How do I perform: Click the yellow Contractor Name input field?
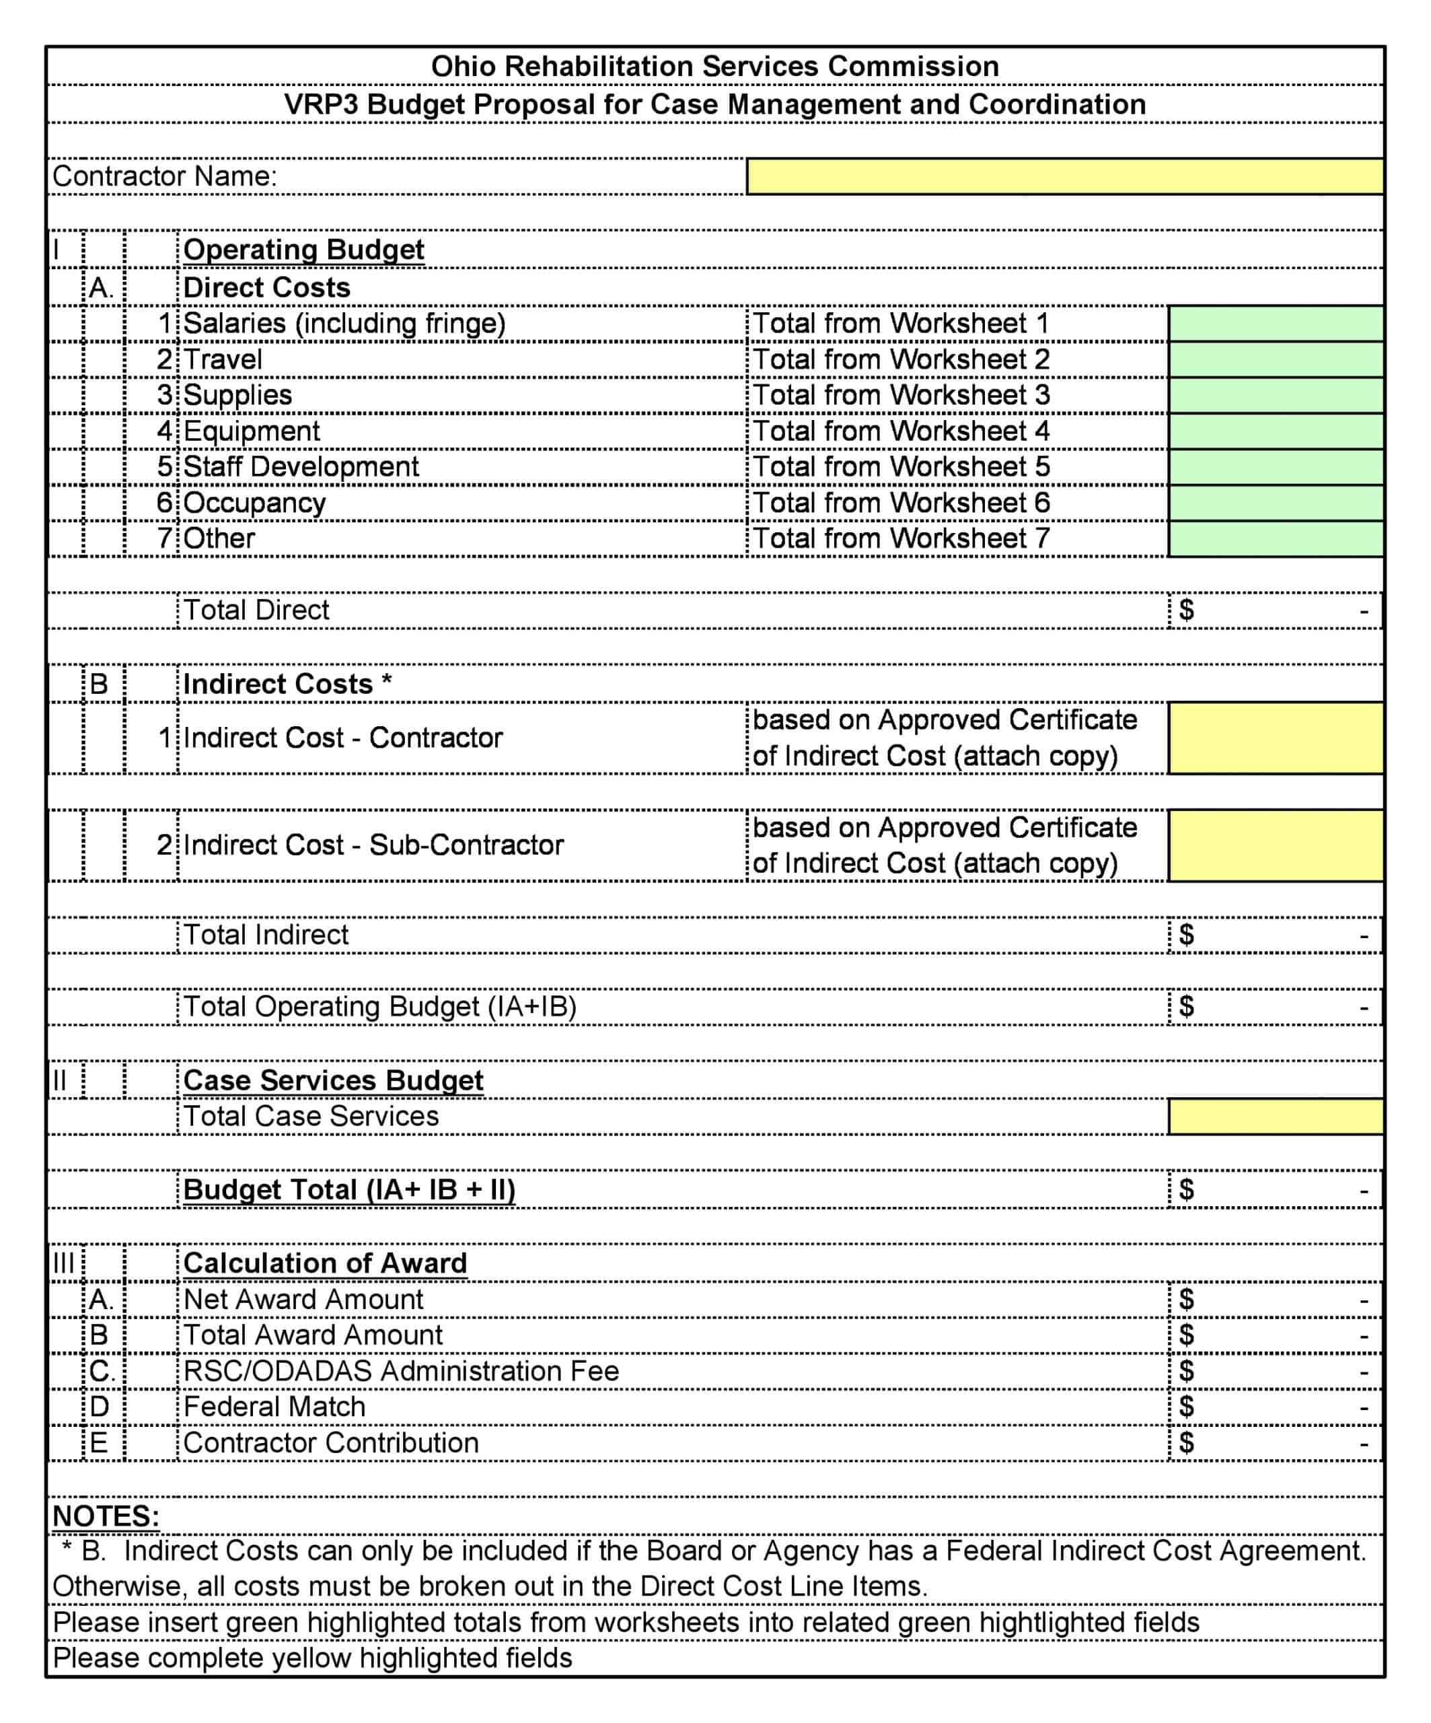[1064, 176]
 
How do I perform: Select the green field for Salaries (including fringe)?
[1275, 323]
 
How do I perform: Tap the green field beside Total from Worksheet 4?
[1275, 431]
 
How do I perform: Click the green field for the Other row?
[1275, 538]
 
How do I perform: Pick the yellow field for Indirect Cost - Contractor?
[1275, 738]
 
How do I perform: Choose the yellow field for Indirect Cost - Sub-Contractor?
[1275, 845]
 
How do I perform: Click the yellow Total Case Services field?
[1275, 1117]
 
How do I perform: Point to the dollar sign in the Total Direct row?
[1186, 610]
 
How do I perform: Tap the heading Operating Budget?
[303, 250]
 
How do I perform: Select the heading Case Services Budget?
[333, 1080]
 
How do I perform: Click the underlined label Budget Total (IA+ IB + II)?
[349, 1190]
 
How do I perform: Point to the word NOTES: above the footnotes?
[106, 1516]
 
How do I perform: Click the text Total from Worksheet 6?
[900, 503]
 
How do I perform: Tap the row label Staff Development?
[301, 467]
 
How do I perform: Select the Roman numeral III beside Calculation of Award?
[63, 1263]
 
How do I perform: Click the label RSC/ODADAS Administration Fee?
[401, 1371]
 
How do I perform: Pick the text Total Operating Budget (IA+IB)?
[379, 1007]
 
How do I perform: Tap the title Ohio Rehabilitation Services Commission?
[715, 67]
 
